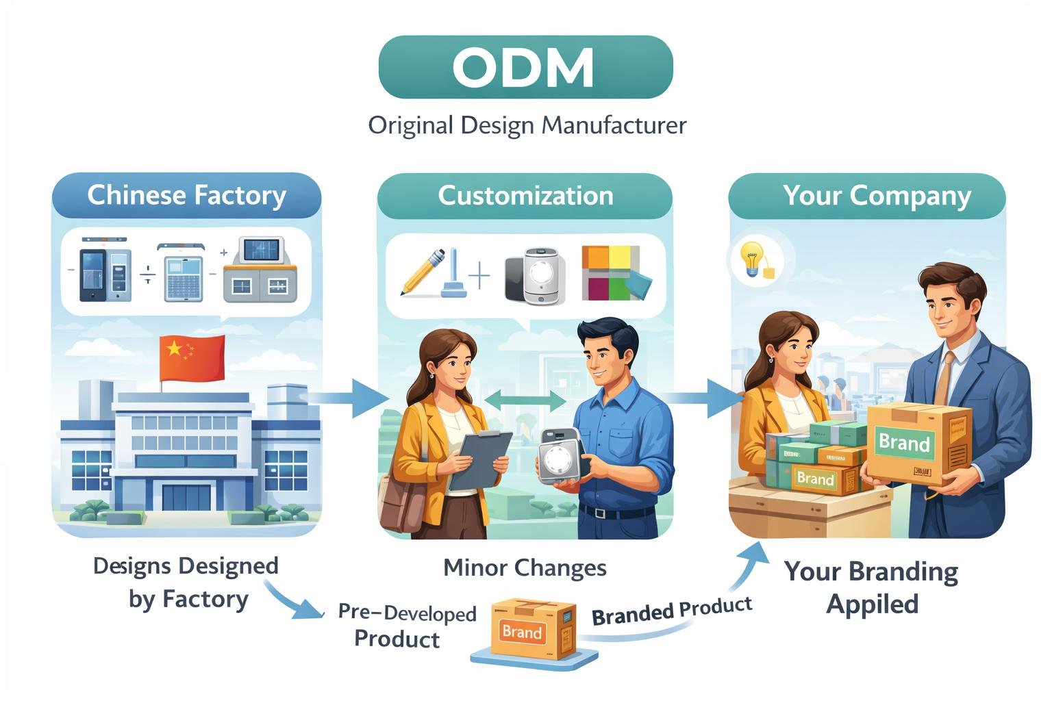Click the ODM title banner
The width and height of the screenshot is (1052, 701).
pos(525,67)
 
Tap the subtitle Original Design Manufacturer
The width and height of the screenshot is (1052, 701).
pos(527,126)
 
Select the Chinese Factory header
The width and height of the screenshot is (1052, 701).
pos(186,195)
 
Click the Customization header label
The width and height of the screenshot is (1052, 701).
pos(525,196)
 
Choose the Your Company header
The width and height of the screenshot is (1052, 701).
pos(877,196)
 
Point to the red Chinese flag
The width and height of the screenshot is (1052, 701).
pos(192,357)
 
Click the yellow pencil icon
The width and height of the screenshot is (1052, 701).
pos(422,272)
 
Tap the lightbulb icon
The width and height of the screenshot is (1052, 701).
pos(752,259)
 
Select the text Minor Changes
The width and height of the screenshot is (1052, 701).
pos(525,568)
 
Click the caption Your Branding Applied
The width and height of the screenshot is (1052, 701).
pos(871,587)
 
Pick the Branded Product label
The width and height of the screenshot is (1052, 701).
pos(671,611)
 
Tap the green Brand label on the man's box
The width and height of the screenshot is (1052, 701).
pos(904,442)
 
